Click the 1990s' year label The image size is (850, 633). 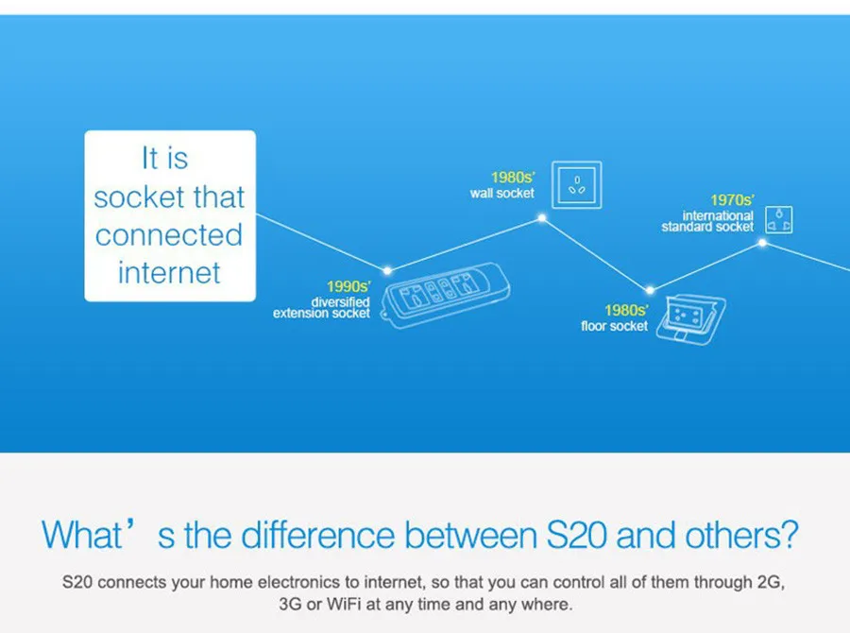(x=348, y=286)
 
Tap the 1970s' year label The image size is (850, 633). (x=732, y=200)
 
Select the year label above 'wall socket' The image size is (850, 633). (x=513, y=178)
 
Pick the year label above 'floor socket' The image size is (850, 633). (x=626, y=310)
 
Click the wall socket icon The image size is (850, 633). (x=577, y=185)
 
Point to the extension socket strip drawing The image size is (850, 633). (x=446, y=295)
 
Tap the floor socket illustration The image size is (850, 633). (x=691, y=319)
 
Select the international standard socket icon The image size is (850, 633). (x=779, y=220)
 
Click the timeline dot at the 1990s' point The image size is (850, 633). (x=387, y=270)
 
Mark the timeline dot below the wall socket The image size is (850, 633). (x=541, y=218)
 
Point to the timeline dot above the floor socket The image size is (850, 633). (x=650, y=290)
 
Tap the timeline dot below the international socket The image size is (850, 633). (x=762, y=243)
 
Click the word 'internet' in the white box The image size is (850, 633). (x=169, y=272)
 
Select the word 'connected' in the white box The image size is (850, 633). (x=169, y=235)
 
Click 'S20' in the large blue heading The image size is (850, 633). (x=576, y=536)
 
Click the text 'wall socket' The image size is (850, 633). (x=502, y=193)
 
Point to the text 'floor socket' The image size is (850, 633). (x=614, y=326)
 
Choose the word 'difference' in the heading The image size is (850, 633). (x=317, y=536)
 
